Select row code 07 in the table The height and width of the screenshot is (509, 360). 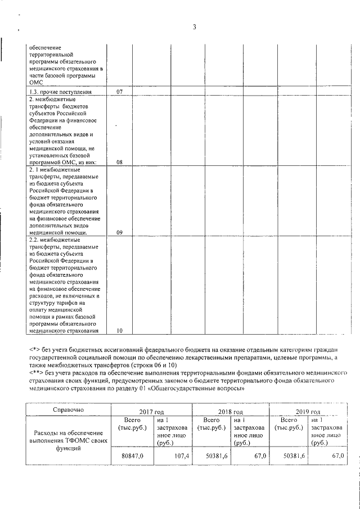(119, 92)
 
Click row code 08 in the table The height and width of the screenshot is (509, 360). (119, 163)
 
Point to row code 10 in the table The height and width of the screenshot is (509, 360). (119, 331)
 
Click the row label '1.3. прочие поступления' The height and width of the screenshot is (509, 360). (60, 92)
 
